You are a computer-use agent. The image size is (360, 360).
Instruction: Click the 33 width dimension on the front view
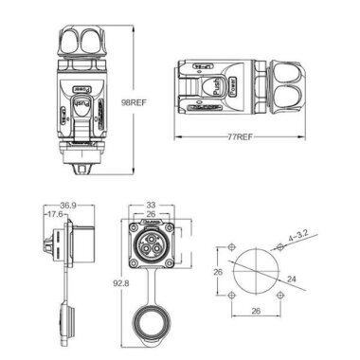tap(152, 204)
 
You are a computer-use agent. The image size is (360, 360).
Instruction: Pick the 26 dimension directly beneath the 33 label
tap(152, 214)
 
